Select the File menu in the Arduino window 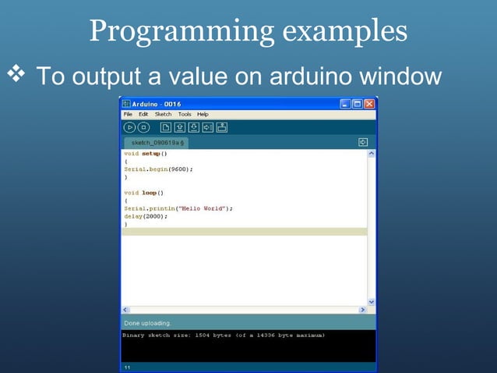click(x=128, y=114)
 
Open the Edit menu click(x=143, y=114)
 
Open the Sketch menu click(x=163, y=114)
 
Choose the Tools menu click(x=184, y=114)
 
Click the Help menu click(x=203, y=114)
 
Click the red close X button click(x=369, y=104)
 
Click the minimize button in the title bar click(x=345, y=104)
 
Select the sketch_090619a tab click(x=155, y=143)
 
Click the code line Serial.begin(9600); click(x=158, y=169)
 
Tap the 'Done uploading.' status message click(x=148, y=323)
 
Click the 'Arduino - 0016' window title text click(x=156, y=104)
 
